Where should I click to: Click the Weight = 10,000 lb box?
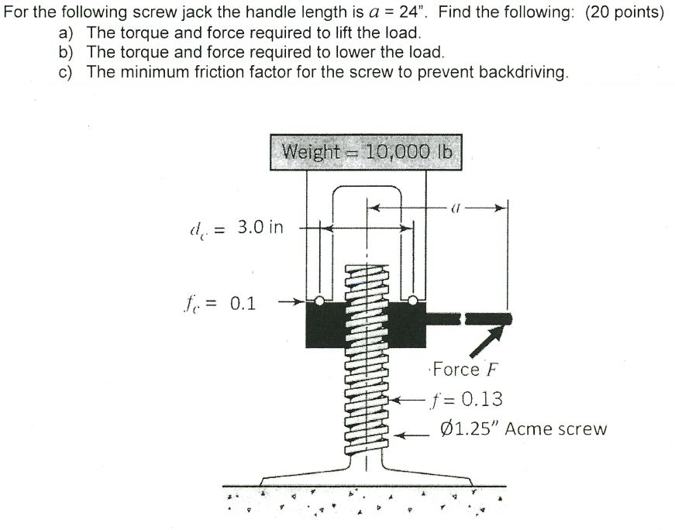click(x=365, y=152)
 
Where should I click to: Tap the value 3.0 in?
click(x=260, y=228)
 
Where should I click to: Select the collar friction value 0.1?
click(x=243, y=303)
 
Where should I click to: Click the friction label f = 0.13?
click(x=467, y=399)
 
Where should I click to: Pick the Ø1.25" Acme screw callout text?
click(x=523, y=428)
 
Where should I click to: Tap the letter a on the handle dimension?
click(x=455, y=208)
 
